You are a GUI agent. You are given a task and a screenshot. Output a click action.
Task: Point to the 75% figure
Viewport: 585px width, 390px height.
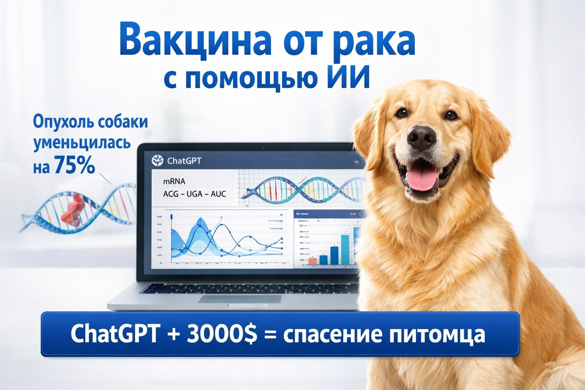coord(75,165)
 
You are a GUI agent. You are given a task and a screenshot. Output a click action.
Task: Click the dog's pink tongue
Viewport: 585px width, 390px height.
coord(423,179)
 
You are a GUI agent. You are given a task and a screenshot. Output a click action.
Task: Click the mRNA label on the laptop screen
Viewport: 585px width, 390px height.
coord(173,181)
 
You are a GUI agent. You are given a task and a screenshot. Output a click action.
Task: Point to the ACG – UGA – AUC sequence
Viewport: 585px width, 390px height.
coord(194,194)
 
